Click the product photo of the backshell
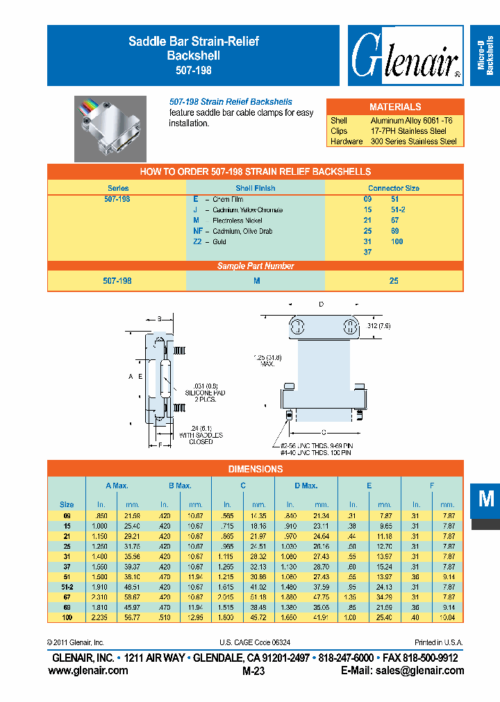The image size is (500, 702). click(x=110, y=128)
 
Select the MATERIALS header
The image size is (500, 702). click(x=394, y=107)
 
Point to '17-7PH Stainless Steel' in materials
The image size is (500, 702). click(x=408, y=130)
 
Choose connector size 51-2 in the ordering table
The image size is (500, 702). click(x=397, y=209)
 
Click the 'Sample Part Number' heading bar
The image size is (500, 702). click(x=255, y=266)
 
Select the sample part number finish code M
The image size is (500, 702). click(x=256, y=281)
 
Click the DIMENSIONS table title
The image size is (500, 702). click(x=255, y=469)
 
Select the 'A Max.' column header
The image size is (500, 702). click(x=117, y=486)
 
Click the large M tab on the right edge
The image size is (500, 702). click(x=485, y=499)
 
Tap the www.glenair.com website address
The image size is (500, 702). click(x=88, y=670)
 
